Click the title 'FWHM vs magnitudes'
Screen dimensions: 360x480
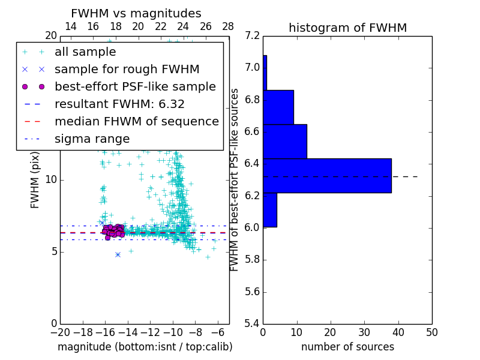(136, 14)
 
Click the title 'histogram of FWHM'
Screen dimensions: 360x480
(347, 28)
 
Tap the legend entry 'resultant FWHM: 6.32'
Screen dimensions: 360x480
(119, 104)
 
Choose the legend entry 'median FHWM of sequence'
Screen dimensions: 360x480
(136, 121)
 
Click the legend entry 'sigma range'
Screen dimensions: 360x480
(92, 139)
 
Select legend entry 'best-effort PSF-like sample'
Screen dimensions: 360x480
(135, 87)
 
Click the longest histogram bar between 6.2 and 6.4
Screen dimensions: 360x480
(327, 176)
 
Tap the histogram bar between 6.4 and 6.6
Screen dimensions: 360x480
(285, 141)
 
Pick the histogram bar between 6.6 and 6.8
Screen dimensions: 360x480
(278, 107)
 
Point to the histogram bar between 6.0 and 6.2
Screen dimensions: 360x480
(270, 210)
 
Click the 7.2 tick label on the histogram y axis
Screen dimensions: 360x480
(252, 35)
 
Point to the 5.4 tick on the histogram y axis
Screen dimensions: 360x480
(252, 323)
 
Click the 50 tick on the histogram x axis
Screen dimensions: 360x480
(431, 332)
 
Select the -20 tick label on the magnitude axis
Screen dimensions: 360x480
(60, 332)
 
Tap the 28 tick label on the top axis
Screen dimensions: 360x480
(229, 26)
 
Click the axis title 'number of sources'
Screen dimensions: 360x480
(347, 347)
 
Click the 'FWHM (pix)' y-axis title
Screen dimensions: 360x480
(35, 179)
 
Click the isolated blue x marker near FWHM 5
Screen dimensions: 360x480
(118, 254)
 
